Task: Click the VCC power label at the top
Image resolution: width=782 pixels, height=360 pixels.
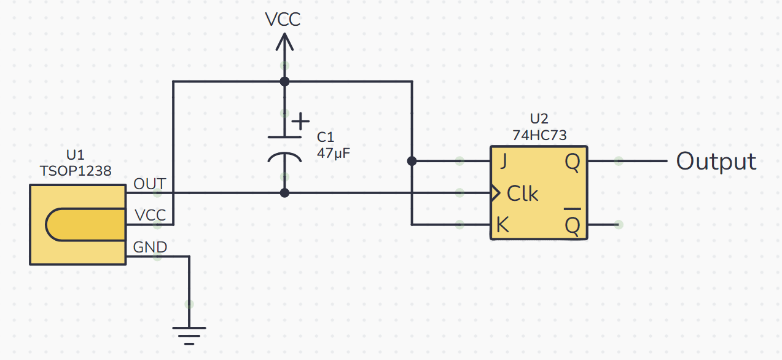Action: (283, 20)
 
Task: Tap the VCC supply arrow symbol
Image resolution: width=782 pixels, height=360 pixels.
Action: (284, 42)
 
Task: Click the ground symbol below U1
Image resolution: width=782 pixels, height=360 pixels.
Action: (189, 336)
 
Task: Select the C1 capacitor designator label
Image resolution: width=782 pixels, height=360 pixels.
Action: (326, 137)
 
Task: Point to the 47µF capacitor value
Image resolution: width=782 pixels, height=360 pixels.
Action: (334, 154)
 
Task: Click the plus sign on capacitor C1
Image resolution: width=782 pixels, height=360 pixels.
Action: (300, 122)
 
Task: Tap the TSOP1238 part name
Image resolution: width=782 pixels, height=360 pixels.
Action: (76, 171)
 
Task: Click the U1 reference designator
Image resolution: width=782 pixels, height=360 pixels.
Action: (76, 155)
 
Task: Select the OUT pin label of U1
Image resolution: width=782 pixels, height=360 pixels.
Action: (150, 184)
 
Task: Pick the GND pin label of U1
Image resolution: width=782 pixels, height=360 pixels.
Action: (150, 247)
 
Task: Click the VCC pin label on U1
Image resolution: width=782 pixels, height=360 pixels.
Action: (151, 216)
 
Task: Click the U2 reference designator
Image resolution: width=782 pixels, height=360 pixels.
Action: (539, 119)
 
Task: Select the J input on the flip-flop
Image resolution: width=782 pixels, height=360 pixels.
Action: (503, 162)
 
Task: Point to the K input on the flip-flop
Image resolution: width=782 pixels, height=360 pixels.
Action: (502, 224)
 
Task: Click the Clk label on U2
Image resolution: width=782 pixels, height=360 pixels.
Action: (522, 194)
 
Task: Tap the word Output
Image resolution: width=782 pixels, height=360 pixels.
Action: (716, 162)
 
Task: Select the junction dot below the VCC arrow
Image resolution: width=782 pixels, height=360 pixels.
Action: (284, 82)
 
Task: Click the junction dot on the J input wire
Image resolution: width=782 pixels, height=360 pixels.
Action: (412, 161)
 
